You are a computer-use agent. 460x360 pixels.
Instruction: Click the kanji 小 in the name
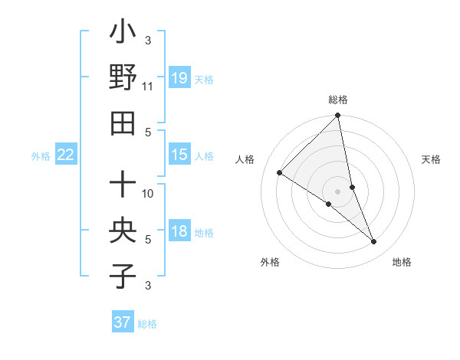tap(123, 34)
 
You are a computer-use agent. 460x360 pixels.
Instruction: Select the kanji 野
tap(123, 77)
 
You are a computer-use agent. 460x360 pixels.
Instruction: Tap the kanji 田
tap(123, 123)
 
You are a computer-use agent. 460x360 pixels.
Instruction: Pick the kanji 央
tap(123, 230)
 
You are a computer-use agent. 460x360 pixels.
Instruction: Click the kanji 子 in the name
tap(123, 276)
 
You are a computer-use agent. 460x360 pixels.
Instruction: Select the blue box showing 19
tap(179, 78)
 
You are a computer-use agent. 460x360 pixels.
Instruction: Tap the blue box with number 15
tap(179, 155)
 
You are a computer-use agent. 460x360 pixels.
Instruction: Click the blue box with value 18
tap(179, 231)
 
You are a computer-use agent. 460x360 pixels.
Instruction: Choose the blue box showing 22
tap(66, 155)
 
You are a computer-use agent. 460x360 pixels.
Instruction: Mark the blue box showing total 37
tap(122, 322)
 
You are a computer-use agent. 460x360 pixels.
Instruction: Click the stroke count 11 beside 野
tap(147, 87)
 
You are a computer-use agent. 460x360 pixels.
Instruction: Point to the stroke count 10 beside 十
tap(148, 193)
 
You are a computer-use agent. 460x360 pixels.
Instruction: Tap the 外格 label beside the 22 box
tap(41, 156)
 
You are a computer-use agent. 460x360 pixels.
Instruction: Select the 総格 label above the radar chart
tap(338, 100)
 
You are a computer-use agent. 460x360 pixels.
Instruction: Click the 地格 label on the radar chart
tap(402, 262)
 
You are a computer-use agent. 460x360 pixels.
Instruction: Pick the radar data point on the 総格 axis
tap(338, 116)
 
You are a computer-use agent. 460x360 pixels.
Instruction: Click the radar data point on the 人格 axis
tap(280, 173)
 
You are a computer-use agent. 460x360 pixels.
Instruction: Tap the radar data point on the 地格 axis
tap(373, 241)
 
